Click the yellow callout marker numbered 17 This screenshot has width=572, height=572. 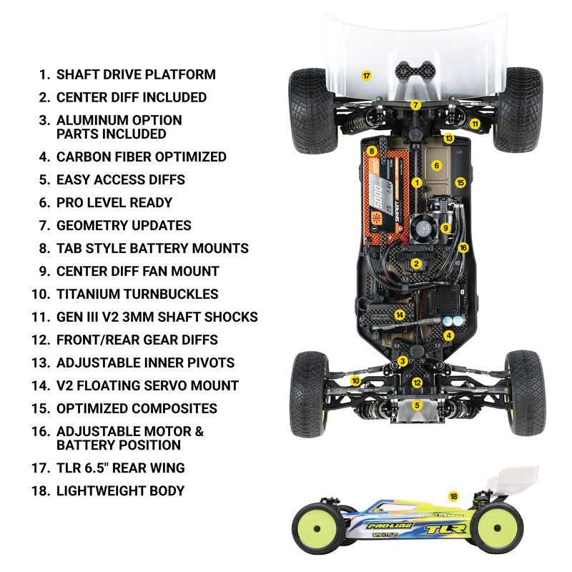[x=366, y=75]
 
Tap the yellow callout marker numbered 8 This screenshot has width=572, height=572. [x=372, y=151]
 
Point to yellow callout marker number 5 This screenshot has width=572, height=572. [x=418, y=405]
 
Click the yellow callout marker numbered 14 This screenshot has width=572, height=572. [x=400, y=314]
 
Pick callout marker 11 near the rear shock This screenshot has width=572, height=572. [x=475, y=123]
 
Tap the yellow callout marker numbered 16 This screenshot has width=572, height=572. [x=463, y=247]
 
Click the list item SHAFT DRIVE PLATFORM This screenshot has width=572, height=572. [x=136, y=74]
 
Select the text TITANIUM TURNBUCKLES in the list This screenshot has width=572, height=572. [x=137, y=294]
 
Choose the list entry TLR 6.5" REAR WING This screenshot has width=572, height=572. [x=120, y=468]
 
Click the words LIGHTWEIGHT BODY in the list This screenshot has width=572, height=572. [x=120, y=491]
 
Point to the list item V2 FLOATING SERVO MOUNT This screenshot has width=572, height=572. [x=147, y=385]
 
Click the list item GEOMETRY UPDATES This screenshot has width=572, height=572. [x=124, y=225]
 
